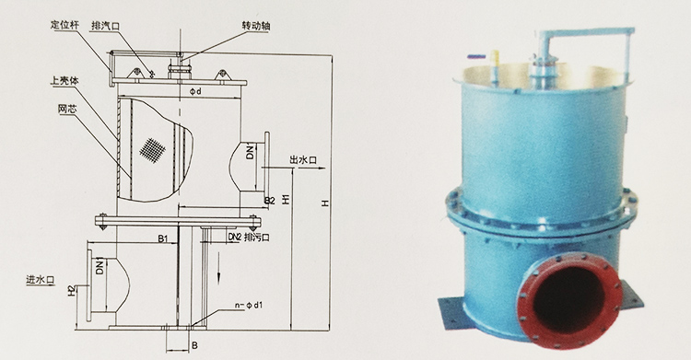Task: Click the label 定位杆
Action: (64, 25)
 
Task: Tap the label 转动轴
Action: (256, 26)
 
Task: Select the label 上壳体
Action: (64, 81)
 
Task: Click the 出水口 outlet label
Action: (303, 160)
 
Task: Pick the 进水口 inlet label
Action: (41, 279)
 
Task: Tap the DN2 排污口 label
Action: (249, 237)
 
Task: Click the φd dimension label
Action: (195, 91)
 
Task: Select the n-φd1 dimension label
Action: (249, 305)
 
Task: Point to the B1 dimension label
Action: (163, 238)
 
